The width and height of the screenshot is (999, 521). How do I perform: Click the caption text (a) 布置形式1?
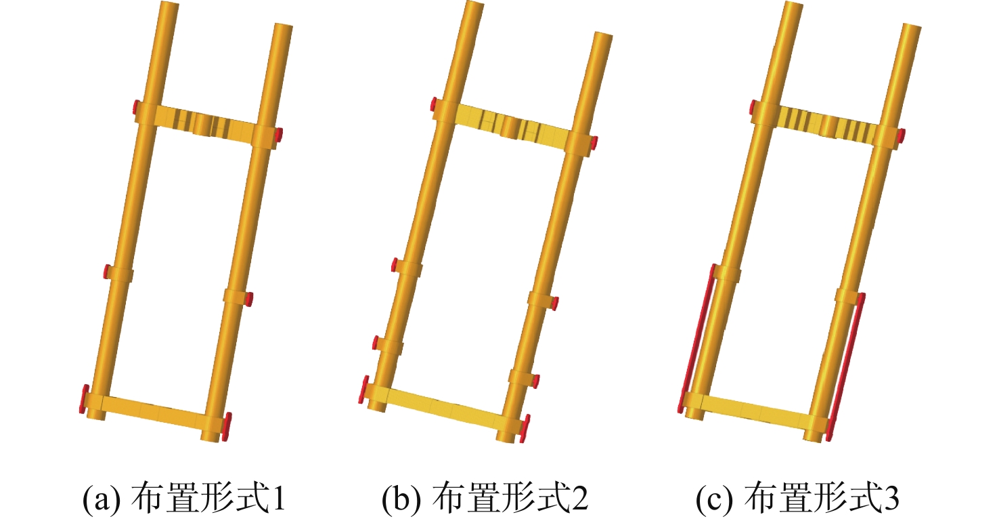(x=184, y=497)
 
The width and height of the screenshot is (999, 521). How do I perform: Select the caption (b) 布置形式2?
(x=485, y=497)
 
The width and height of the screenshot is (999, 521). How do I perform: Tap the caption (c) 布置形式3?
(x=797, y=497)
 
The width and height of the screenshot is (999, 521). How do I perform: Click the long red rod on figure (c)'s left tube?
(x=696, y=338)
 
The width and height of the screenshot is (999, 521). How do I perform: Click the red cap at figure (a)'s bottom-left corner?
(x=84, y=398)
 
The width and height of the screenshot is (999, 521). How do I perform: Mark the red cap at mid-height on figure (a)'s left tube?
(x=108, y=272)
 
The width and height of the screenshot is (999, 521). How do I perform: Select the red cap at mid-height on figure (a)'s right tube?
(x=249, y=299)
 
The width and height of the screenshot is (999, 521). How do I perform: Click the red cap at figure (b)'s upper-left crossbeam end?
(x=433, y=104)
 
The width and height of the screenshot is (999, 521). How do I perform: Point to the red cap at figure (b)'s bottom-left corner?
(x=364, y=390)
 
